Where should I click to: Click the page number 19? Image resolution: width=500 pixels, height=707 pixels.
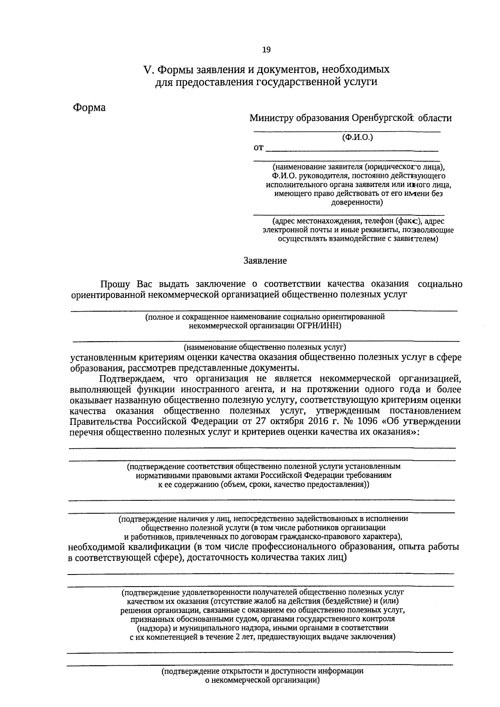click(266, 50)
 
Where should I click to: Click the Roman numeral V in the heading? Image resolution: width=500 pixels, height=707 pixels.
click(146, 69)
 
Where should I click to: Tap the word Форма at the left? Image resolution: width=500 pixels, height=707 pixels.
click(90, 107)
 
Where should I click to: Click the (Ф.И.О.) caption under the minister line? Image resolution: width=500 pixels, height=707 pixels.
click(357, 137)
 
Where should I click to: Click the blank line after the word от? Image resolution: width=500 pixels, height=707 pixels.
click(352, 148)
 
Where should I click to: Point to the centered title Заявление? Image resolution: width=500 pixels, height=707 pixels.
click(265, 261)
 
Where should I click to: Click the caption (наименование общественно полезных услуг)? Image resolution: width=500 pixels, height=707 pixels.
click(265, 347)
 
